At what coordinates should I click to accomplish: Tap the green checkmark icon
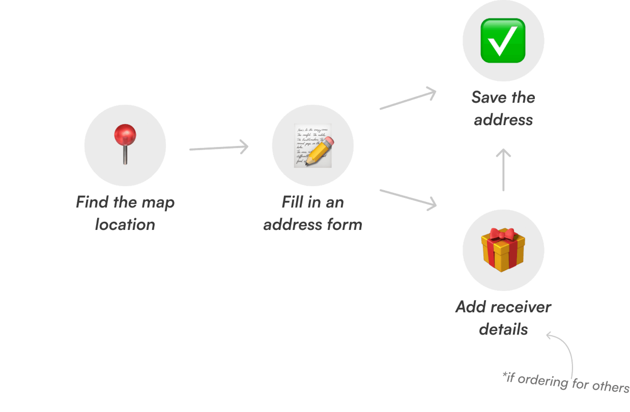[503, 40]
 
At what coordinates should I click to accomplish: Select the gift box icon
[503, 250]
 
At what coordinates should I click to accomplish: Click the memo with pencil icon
[313, 145]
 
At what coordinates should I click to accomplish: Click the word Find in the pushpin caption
[92, 202]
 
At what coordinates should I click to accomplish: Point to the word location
[125, 225]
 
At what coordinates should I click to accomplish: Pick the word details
[503, 329]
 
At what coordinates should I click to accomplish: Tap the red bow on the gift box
[502, 234]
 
